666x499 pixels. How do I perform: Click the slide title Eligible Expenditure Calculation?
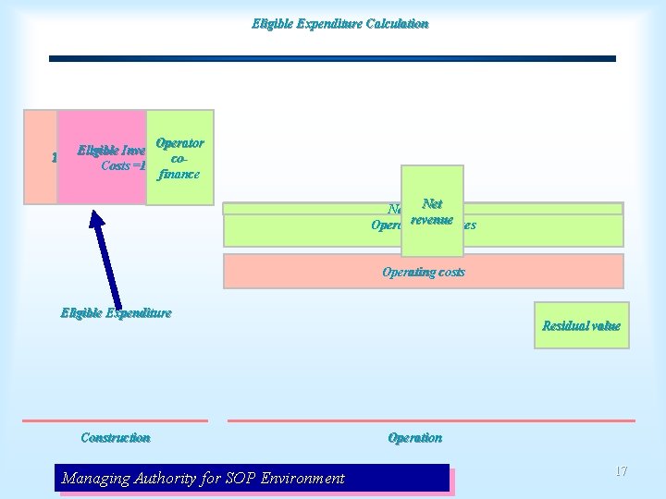(x=339, y=23)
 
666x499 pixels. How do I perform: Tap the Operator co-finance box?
(x=180, y=157)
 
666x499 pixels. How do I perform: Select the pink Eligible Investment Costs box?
(x=102, y=157)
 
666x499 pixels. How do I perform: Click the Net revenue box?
(x=431, y=212)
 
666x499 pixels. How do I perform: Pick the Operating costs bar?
(x=423, y=272)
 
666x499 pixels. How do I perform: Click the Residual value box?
(x=581, y=325)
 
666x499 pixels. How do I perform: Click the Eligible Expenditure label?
(x=116, y=312)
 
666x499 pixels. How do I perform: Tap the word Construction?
(x=116, y=437)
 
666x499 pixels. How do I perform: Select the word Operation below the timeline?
(x=414, y=437)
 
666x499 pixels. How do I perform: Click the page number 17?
(x=621, y=471)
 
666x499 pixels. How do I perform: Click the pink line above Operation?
(x=431, y=420)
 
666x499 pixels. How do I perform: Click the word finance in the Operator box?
(x=179, y=174)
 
